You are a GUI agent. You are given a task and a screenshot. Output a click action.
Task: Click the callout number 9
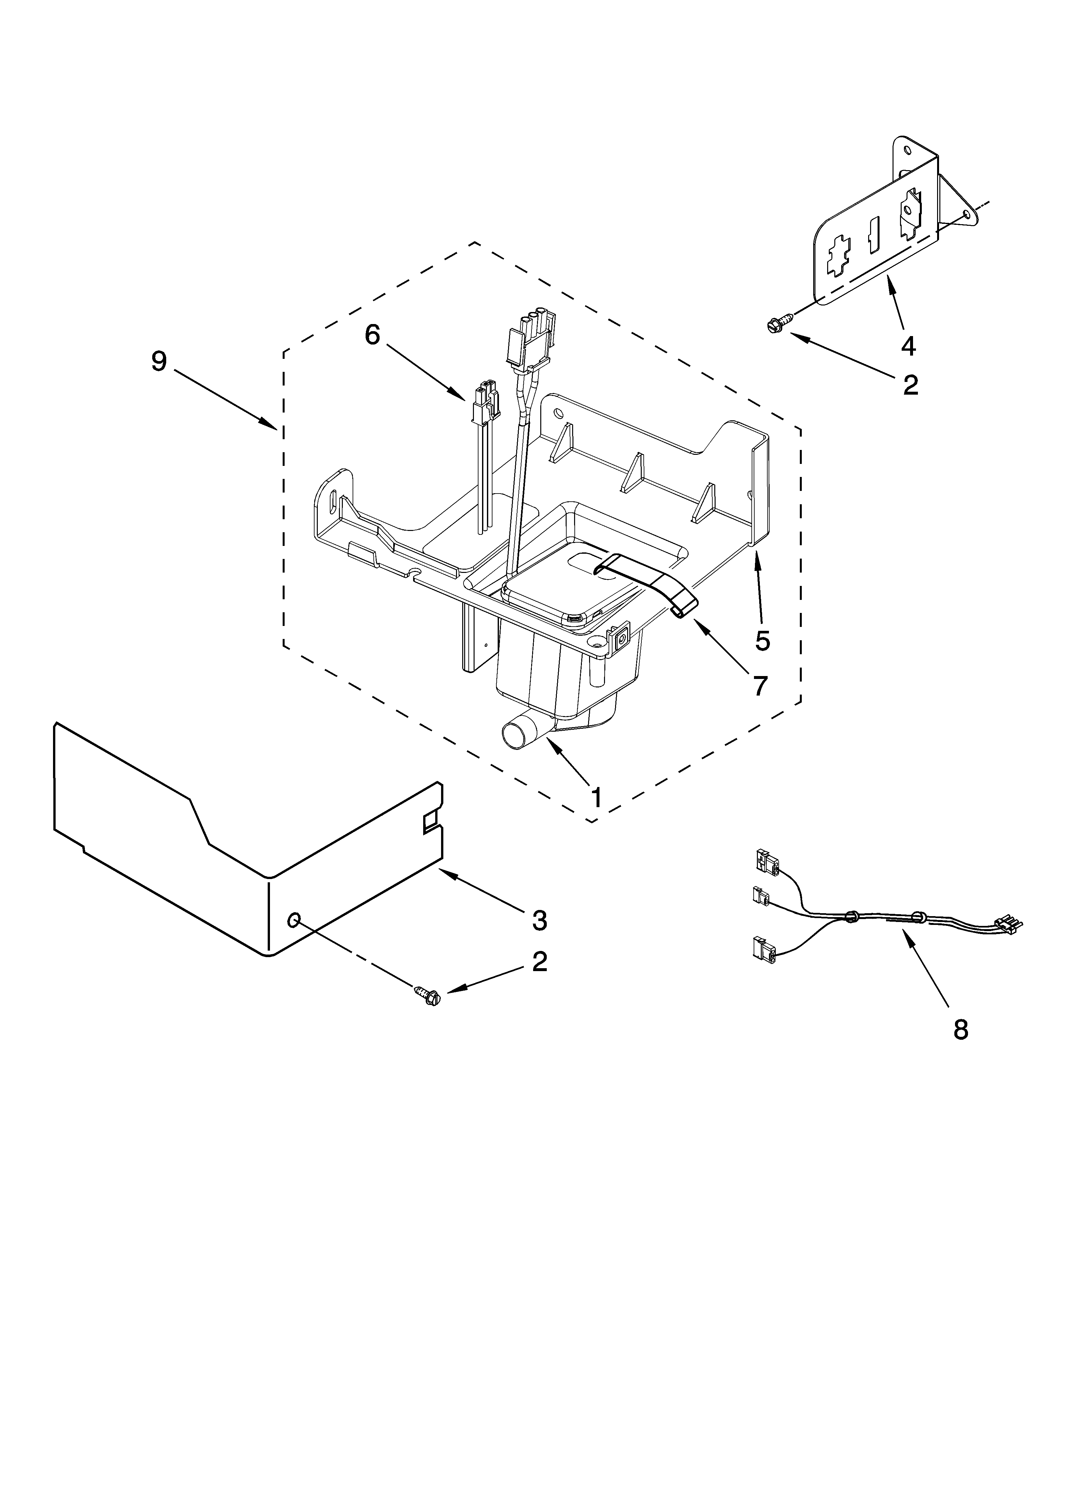[x=158, y=361]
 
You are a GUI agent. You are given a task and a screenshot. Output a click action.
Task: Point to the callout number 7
[x=760, y=686]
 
